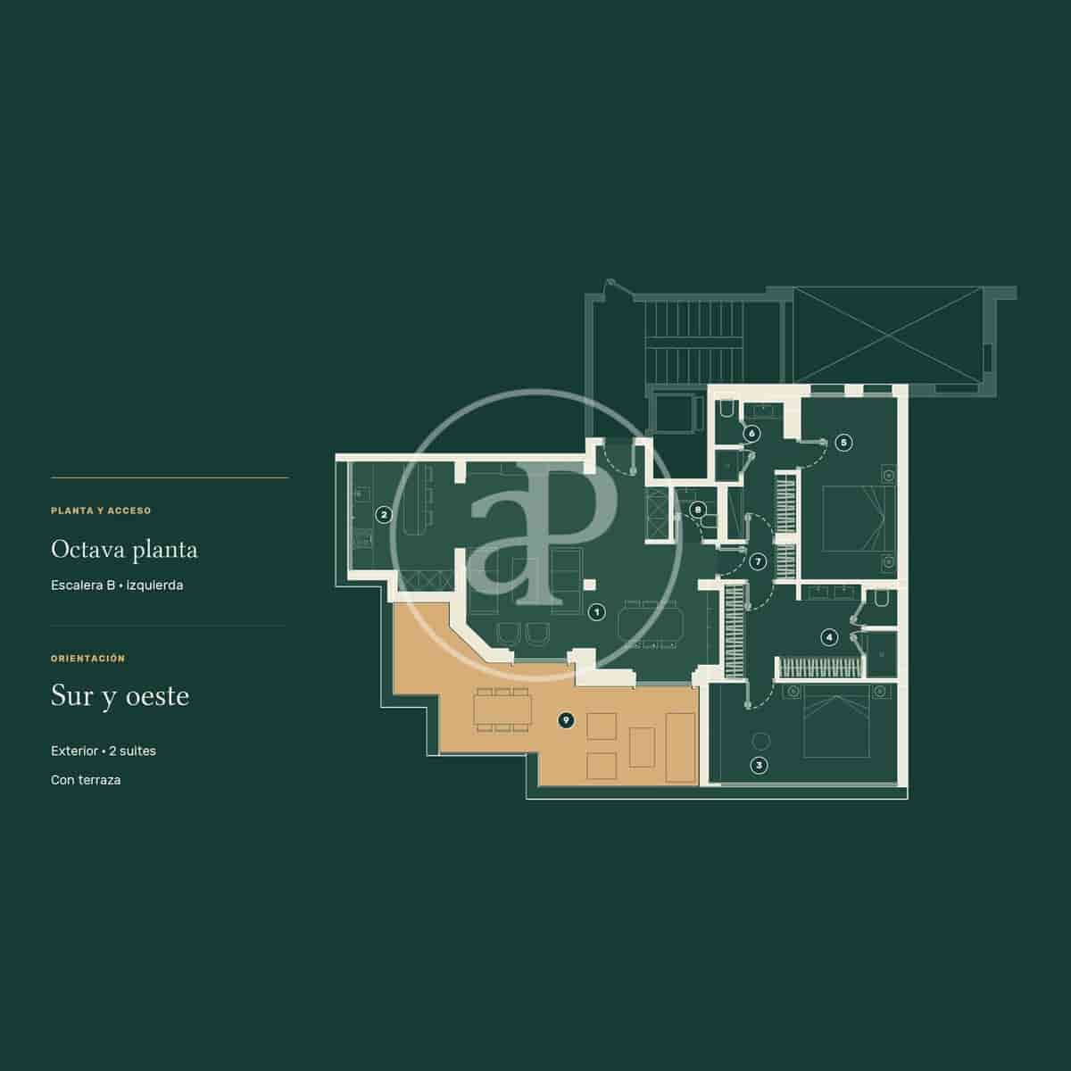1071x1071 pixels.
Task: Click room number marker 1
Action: pos(596,612)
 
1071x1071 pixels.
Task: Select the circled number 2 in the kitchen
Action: pos(384,515)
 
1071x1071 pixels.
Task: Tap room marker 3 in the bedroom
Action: pos(760,765)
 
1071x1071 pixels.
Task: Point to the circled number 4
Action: pos(829,637)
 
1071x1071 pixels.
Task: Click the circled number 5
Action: pos(843,443)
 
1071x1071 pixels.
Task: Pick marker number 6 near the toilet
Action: pos(752,434)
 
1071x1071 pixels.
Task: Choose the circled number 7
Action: pos(758,561)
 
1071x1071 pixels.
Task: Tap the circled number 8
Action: pos(698,509)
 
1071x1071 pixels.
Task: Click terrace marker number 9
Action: pos(566,720)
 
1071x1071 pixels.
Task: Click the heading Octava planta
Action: pos(124,550)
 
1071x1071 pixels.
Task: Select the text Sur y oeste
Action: pos(120,696)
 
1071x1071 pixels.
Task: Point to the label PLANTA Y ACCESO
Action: pos(101,511)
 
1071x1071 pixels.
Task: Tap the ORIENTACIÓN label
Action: pos(88,658)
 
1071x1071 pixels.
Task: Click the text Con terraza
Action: pos(86,780)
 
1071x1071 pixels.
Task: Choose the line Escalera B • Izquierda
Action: pos(117,585)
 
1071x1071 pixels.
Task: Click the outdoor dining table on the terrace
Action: pos(502,710)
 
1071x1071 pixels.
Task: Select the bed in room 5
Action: pos(859,519)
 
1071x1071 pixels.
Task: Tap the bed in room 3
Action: pos(836,721)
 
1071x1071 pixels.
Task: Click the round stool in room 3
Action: pos(761,741)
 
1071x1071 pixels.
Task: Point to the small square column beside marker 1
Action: pos(590,585)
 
